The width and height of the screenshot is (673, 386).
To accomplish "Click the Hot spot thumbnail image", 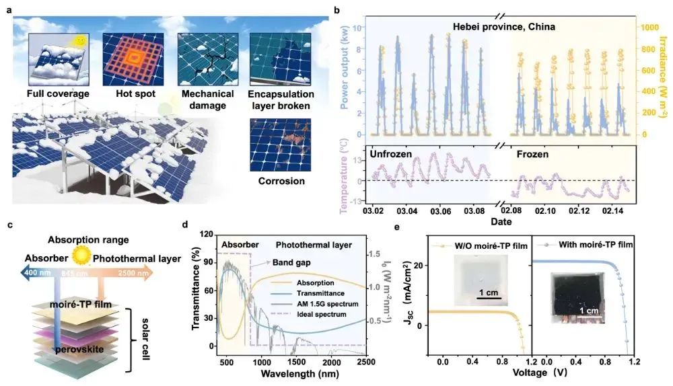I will point(133,59).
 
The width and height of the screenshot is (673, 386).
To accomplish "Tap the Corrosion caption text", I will point(281,181).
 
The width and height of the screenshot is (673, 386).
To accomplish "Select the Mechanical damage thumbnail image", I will point(206,59).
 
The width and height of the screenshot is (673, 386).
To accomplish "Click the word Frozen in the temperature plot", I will point(532,154).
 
